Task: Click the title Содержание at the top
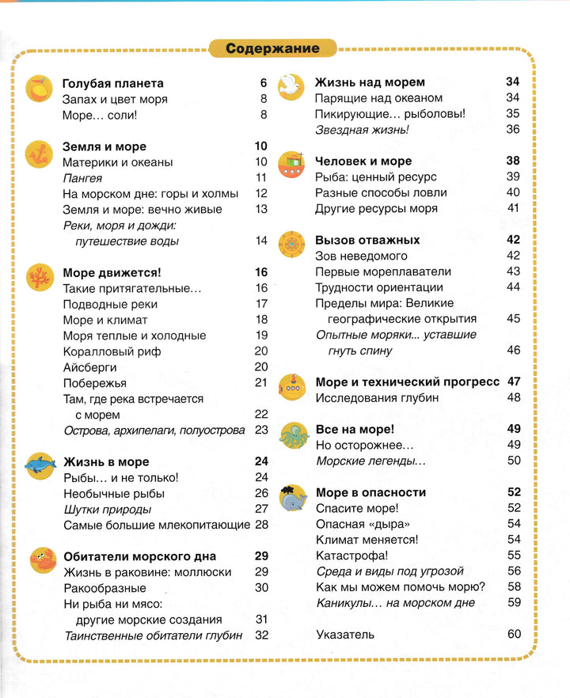[x=272, y=48]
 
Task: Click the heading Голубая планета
[x=112, y=83]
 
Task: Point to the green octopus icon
[x=291, y=434]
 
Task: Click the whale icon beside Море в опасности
[x=291, y=497]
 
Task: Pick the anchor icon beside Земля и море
[x=37, y=151]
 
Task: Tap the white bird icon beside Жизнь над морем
[x=291, y=86]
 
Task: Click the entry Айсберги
[x=89, y=367]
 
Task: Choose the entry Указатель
[x=344, y=634]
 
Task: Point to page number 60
[x=514, y=634]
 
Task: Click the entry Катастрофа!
[x=351, y=555]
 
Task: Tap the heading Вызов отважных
[x=367, y=240]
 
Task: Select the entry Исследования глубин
[x=376, y=397]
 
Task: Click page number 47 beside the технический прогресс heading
[x=514, y=381]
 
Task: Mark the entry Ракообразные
[x=104, y=588]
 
